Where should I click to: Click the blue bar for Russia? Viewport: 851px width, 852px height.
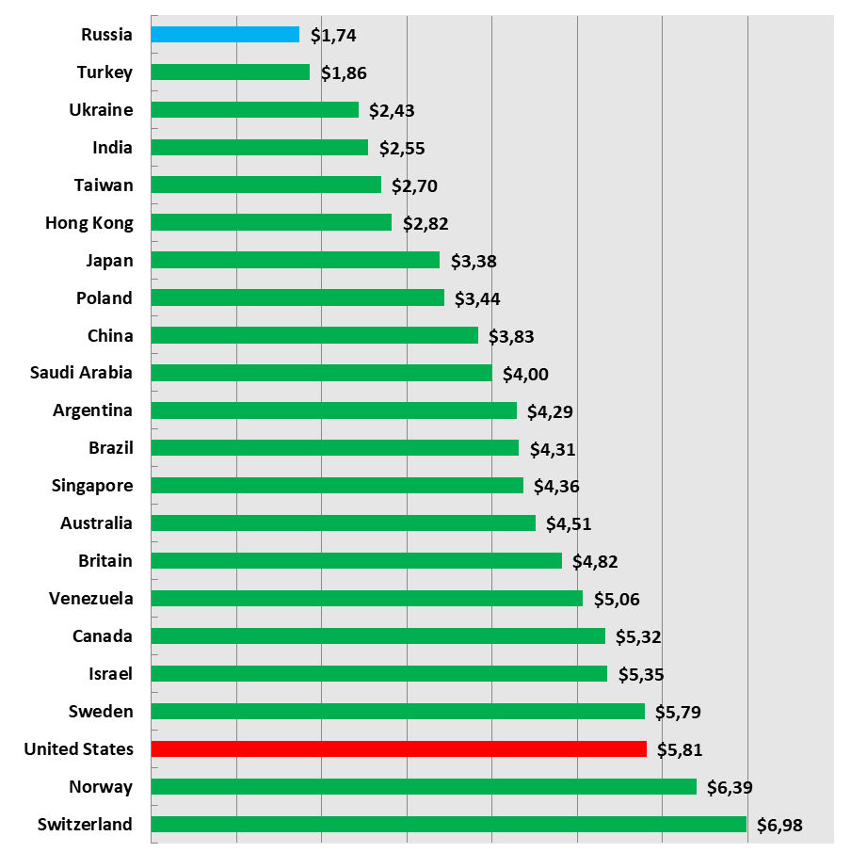coord(225,35)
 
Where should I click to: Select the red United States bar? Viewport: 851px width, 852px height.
coord(398,749)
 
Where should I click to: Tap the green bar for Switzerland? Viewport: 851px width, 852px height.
coord(448,825)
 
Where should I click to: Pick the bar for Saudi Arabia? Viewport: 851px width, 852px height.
coord(321,373)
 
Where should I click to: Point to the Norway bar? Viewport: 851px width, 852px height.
coord(424,787)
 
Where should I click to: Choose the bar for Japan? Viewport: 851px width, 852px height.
coord(295,260)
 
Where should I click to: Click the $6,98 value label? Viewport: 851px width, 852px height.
coord(780,826)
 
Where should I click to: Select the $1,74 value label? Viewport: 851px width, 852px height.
coord(333,36)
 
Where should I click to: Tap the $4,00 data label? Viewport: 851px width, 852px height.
coord(525,374)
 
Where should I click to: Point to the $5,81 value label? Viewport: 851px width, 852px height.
coord(680,750)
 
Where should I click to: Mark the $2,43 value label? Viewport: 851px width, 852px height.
coord(392,110)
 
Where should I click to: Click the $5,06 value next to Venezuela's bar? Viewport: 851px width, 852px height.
coord(616,600)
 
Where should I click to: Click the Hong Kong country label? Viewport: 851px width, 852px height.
coord(89,223)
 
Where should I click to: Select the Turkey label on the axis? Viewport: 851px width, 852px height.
coord(104,72)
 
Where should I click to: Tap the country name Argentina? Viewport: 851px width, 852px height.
coord(92,410)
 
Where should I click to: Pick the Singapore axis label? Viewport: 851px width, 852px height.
coord(92,486)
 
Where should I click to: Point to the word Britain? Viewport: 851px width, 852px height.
coord(105,561)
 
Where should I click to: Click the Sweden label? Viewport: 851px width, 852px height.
coord(101,712)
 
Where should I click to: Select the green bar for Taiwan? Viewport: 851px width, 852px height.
coord(265,185)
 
